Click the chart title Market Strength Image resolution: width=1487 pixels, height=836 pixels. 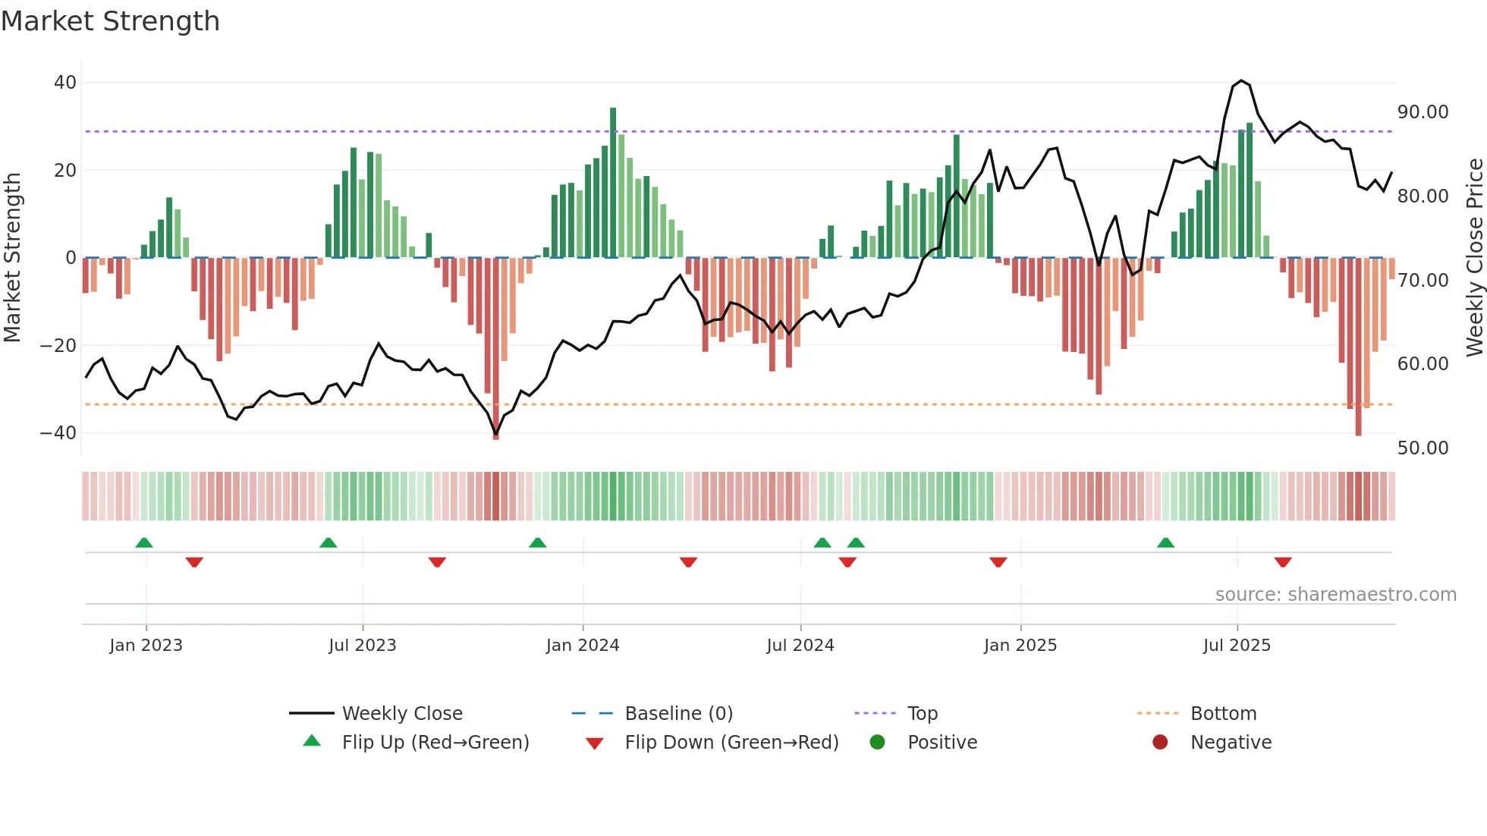pyautogui.click(x=110, y=21)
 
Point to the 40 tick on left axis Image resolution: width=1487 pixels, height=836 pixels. pyautogui.click(x=65, y=82)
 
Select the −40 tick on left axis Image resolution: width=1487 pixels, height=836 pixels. pyautogui.click(x=58, y=433)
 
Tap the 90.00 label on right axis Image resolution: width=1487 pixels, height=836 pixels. pyautogui.click(x=1423, y=112)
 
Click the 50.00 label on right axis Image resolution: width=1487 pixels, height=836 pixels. pyautogui.click(x=1423, y=448)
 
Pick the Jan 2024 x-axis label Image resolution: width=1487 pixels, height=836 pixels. pyautogui.click(x=582, y=646)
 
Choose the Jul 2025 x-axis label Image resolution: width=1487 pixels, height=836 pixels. pyautogui.click(x=1236, y=646)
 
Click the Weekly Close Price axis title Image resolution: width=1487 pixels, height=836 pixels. pyautogui.click(x=1474, y=258)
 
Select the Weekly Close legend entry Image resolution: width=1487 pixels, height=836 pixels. pyautogui.click(x=401, y=714)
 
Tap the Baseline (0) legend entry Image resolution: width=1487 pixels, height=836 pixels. pyautogui.click(x=678, y=714)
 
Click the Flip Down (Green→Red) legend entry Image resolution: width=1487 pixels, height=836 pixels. pyautogui.click(x=731, y=743)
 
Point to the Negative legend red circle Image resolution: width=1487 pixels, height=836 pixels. pyautogui.click(x=1159, y=743)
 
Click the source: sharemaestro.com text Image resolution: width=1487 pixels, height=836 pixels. pyautogui.click(x=1335, y=595)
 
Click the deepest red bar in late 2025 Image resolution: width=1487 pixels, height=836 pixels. pyautogui.click(x=1358, y=347)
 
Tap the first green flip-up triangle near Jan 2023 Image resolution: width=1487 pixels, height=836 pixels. pyautogui.click(x=144, y=542)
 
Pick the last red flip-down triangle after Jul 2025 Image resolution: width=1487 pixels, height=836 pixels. pyautogui.click(x=1282, y=562)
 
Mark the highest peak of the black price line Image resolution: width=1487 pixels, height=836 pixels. pyautogui.click(x=1241, y=80)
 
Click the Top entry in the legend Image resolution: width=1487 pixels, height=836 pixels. pyautogui.click(x=922, y=714)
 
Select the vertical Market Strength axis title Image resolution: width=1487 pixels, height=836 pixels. pyautogui.click(x=12, y=258)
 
